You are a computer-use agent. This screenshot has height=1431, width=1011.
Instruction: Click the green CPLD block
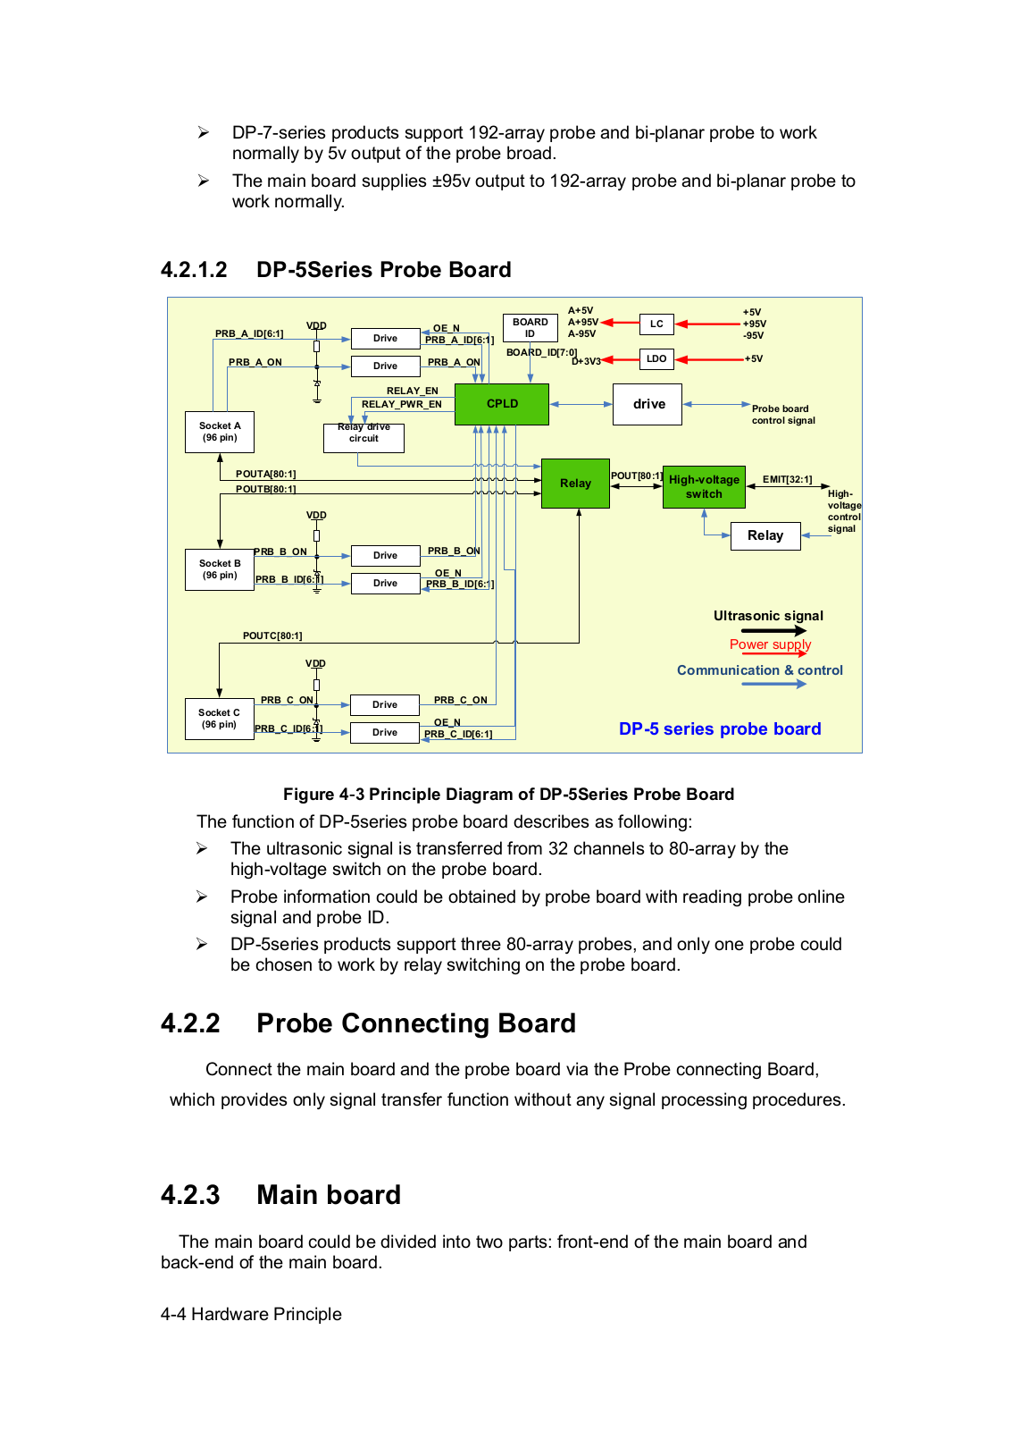(502, 404)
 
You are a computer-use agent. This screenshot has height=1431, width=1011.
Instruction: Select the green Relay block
(575, 484)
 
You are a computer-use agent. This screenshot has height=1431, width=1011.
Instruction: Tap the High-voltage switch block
(704, 487)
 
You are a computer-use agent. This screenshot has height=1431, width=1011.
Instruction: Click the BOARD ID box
(530, 328)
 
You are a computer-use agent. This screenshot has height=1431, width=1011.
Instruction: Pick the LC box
(656, 324)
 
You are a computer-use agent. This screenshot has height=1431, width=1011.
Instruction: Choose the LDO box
(656, 359)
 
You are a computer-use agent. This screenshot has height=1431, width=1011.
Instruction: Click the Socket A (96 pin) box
(220, 432)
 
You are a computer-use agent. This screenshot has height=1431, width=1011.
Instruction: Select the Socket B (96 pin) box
(220, 569)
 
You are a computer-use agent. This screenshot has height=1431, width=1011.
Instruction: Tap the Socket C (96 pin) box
(219, 719)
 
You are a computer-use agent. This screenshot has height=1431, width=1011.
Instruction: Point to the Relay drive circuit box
(363, 437)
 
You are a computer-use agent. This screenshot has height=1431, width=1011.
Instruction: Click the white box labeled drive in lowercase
(648, 404)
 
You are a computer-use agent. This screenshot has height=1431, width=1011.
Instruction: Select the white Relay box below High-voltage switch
(765, 535)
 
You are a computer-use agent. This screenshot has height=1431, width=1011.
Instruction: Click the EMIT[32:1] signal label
(787, 480)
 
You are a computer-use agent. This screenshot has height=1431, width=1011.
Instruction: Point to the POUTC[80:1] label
(272, 636)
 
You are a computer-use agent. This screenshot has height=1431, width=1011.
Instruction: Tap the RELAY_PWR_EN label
(401, 405)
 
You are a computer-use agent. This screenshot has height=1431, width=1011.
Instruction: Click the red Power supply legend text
(770, 644)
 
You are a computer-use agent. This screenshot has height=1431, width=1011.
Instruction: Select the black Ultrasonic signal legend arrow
(773, 630)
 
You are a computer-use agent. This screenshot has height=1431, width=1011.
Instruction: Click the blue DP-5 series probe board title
(720, 728)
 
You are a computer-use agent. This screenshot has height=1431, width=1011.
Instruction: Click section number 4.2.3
(190, 1195)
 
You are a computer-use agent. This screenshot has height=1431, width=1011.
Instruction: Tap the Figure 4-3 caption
(508, 795)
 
